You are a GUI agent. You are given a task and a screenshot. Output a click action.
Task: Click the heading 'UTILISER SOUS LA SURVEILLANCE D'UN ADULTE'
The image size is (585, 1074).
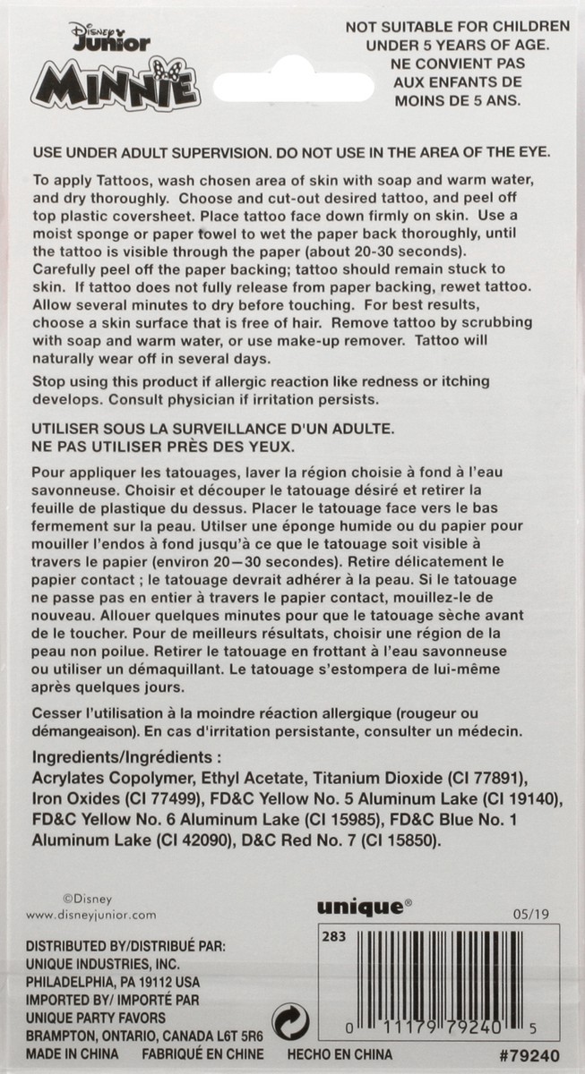click(x=212, y=429)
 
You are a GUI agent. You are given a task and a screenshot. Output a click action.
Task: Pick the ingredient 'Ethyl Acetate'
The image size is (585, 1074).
click(x=244, y=775)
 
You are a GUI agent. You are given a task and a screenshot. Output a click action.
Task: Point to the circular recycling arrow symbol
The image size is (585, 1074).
click(x=290, y=1021)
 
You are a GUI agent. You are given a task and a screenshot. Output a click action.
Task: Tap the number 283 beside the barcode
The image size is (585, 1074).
click(x=333, y=937)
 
